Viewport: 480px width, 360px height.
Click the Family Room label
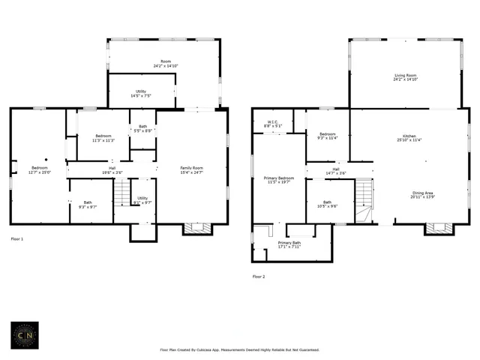click(x=191, y=169)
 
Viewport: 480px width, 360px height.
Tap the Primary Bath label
click(x=289, y=244)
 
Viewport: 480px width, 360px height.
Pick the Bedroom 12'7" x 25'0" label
click(x=39, y=169)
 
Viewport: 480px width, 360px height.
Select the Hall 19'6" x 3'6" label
click(x=112, y=169)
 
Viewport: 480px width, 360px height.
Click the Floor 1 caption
click(x=16, y=238)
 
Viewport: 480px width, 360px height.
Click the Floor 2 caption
click(x=259, y=277)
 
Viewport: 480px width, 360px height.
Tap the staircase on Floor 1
click(x=121, y=196)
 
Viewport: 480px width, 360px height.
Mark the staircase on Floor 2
click(x=364, y=199)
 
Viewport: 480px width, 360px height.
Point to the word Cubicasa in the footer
click(x=220, y=349)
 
